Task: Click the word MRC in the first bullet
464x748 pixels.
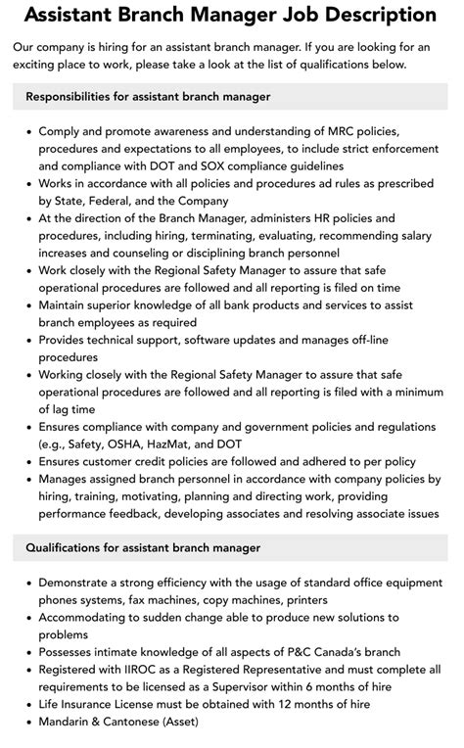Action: pos(364,130)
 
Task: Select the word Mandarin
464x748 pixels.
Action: pos(71,723)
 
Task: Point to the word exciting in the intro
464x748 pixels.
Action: pos(47,65)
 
